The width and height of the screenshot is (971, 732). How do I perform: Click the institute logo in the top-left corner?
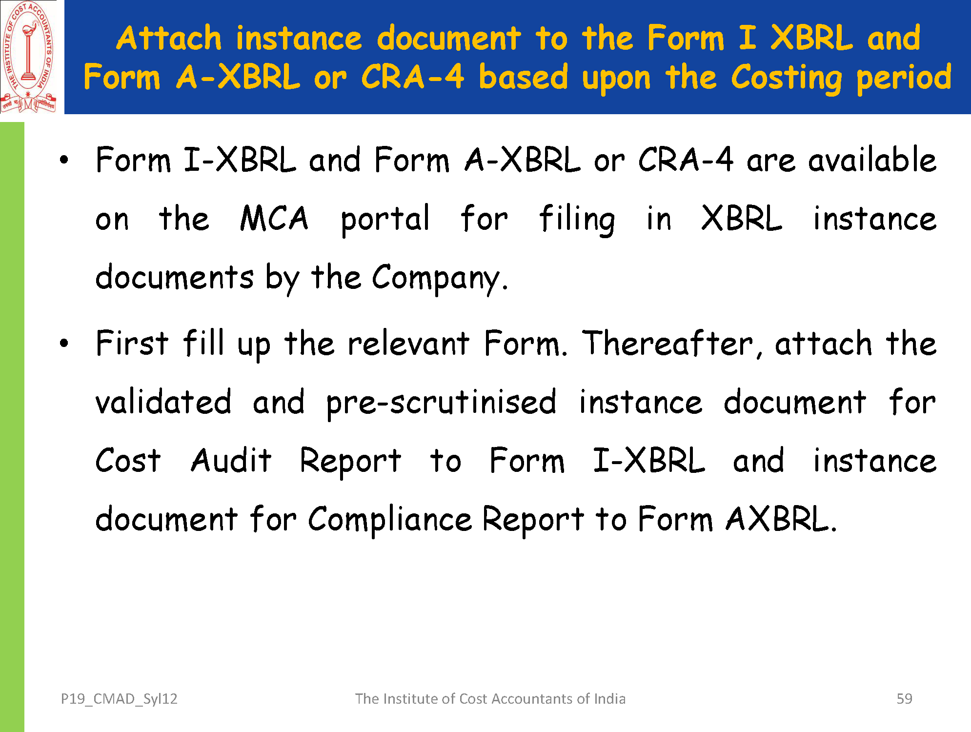click(x=28, y=57)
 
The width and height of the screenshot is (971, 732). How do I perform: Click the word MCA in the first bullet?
click(x=274, y=218)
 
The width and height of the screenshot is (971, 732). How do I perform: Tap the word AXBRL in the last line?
click(x=781, y=518)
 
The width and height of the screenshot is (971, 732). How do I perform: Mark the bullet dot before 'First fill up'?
click(x=64, y=344)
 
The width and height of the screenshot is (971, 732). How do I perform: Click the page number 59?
click(x=905, y=699)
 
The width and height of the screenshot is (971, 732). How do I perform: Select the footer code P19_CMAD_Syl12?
click(x=119, y=699)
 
